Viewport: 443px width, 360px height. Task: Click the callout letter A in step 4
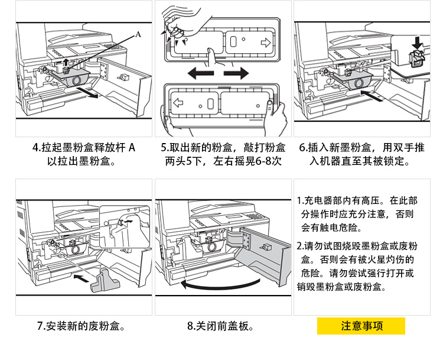(139, 34)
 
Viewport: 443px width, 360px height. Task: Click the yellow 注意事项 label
(361, 326)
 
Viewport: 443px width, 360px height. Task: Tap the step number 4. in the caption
(37, 147)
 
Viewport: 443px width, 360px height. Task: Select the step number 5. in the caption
(165, 147)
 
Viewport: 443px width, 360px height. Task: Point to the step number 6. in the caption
(303, 147)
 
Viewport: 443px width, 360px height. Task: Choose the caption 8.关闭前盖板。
(220, 326)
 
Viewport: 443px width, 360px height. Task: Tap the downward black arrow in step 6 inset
(419, 42)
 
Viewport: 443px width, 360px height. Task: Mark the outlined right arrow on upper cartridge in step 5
(265, 43)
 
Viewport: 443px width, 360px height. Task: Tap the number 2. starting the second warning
(300, 245)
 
